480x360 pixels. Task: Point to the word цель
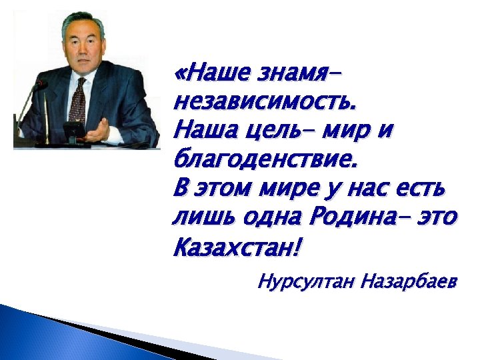tap(271, 131)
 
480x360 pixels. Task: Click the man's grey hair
tap(84, 23)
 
